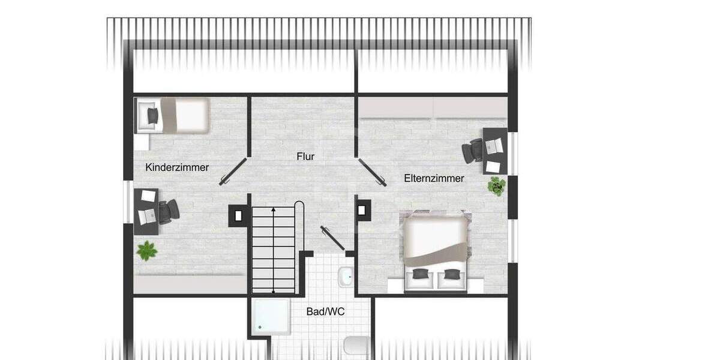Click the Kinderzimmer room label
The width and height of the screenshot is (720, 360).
click(177, 167)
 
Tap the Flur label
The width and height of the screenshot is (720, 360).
click(305, 157)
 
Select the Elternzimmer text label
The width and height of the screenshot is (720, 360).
click(434, 178)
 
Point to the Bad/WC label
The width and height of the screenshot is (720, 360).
click(325, 312)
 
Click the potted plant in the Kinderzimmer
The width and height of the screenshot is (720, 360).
click(146, 250)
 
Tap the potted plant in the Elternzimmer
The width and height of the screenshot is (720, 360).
click(497, 186)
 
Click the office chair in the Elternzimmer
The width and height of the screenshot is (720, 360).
click(474, 150)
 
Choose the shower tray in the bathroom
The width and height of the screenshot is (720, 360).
click(271, 316)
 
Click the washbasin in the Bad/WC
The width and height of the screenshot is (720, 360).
click(346, 277)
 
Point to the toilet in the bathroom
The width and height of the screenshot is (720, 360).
click(355, 346)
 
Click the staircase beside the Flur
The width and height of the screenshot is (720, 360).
click(274, 249)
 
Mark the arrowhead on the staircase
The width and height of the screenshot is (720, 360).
click(274, 209)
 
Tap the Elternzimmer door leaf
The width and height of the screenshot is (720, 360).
click(372, 172)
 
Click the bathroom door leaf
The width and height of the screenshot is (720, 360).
click(332, 238)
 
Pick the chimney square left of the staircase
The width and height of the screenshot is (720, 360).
click(238, 215)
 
